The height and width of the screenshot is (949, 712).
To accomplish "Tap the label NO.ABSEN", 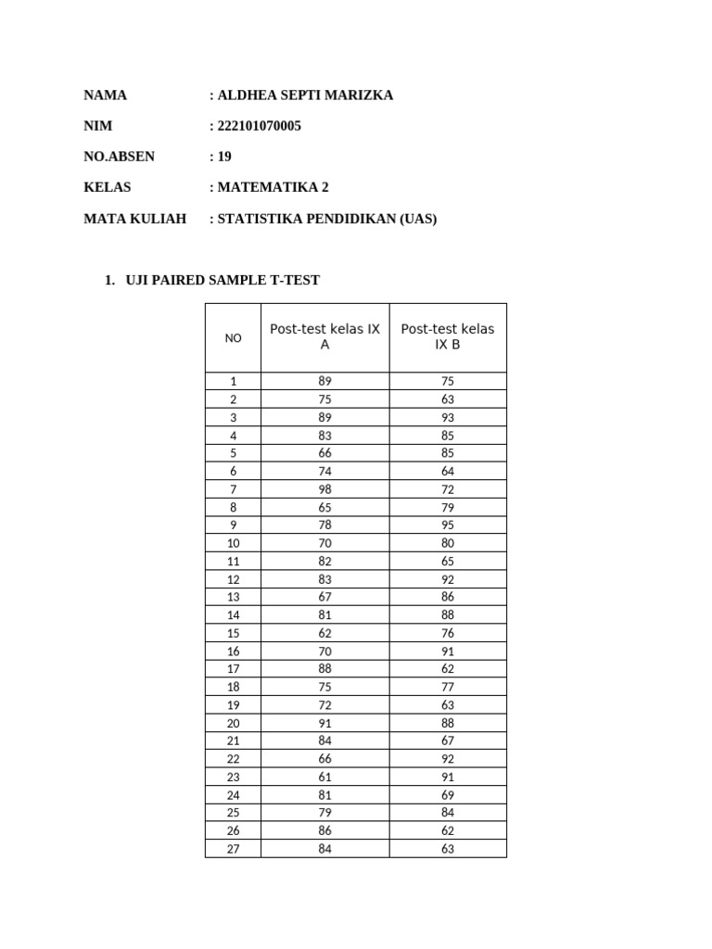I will (x=120, y=157).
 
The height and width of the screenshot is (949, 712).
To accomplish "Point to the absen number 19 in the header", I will (x=224, y=157).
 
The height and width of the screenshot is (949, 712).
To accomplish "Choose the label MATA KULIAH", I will (x=134, y=219).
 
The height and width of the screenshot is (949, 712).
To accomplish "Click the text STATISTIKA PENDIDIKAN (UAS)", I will (x=326, y=219).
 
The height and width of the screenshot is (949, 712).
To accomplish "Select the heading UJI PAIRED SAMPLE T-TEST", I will (x=222, y=280).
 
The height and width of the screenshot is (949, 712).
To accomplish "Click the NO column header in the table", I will (x=233, y=338).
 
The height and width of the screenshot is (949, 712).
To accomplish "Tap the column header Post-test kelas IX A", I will (x=324, y=336).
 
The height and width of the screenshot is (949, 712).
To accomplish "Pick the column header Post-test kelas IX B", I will (x=448, y=336).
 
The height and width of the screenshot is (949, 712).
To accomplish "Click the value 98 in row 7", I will (x=324, y=489).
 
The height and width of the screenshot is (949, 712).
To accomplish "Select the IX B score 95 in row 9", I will (x=448, y=525).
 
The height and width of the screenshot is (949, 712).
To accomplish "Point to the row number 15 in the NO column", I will (x=233, y=633).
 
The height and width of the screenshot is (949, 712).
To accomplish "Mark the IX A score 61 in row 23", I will (x=324, y=777).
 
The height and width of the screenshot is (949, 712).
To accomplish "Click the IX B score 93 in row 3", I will (x=448, y=417).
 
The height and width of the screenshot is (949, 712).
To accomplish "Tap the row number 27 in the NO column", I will (x=233, y=849).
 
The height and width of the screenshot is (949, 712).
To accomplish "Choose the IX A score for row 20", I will (x=324, y=723).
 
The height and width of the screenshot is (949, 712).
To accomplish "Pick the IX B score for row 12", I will (x=448, y=579).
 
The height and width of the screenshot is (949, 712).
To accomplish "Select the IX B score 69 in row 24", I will (x=448, y=795).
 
